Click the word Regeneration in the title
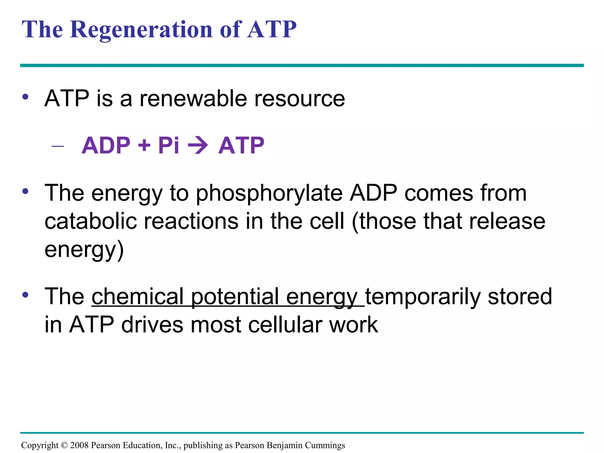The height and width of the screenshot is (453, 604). coord(141,29)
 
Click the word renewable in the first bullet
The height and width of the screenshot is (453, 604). coord(193,99)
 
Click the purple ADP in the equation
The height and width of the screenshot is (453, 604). coord(106,145)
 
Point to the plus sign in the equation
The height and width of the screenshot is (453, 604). coord(144,145)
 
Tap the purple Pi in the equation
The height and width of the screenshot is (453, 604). coord(168,145)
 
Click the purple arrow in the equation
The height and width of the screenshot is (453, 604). coord(198,145)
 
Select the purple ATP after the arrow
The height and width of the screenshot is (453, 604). coord(241,145)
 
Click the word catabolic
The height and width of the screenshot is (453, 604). coord(91,221)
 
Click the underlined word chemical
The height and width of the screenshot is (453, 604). coord(138,296)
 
